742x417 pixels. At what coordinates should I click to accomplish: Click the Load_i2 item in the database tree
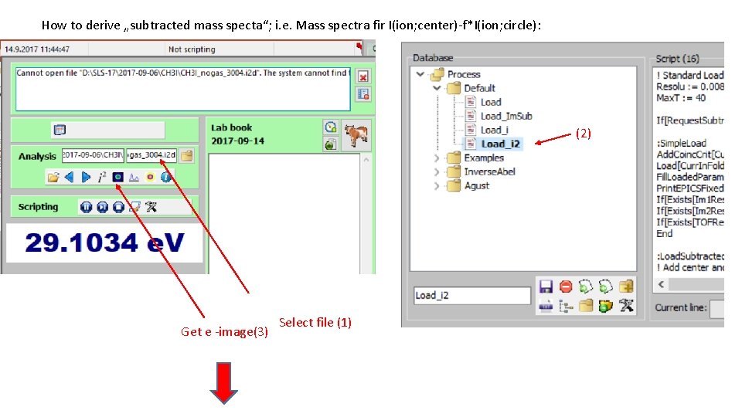click(x=501, y=144)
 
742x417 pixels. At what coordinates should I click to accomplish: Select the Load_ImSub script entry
click(x=505, y=116)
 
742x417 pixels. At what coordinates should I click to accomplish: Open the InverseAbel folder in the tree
click(x=489, y=171)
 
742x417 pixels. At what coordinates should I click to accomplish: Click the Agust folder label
click(x=476, y=185)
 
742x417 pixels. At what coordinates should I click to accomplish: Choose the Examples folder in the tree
click(x=483, y=158)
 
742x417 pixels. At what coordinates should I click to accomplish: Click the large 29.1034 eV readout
click(x=105, y=242)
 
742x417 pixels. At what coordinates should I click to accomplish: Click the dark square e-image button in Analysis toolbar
click(x=117, y=177)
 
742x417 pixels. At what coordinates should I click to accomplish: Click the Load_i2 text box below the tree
click(x=471, y=295)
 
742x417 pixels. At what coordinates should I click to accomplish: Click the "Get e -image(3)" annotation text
click(x=225, y=332)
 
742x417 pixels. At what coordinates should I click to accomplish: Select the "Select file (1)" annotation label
click(x=315, y=322)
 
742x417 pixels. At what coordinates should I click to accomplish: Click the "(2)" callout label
click(x=584, y=134)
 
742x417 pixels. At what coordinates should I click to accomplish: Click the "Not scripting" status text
click(x=192, y=49)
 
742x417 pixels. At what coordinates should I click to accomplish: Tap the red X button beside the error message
click(x=363, y=76)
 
